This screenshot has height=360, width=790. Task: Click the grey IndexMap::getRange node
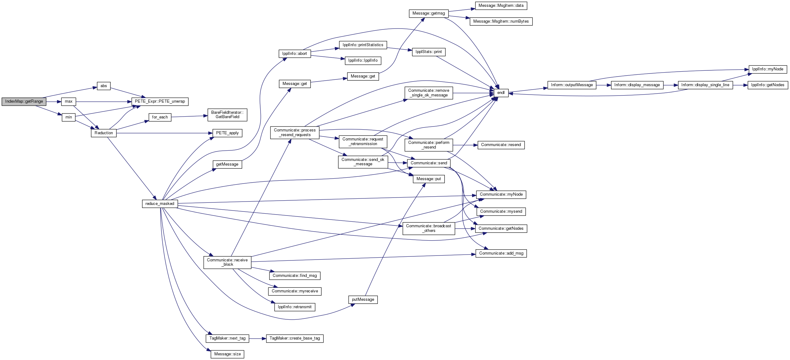24,101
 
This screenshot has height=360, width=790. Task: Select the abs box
104,86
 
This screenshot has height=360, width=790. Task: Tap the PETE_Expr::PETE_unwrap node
160,101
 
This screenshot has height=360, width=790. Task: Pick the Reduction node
104,133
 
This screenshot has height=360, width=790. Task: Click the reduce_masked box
160,204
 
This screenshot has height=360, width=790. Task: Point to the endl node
501,93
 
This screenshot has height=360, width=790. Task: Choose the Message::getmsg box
429,13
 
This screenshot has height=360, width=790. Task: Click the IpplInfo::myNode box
768,69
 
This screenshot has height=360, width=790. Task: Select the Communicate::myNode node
501,194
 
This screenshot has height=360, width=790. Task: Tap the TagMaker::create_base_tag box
295,338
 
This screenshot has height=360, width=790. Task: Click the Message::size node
227,354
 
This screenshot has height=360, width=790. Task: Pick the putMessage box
363,300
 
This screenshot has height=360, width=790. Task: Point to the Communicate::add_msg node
501,253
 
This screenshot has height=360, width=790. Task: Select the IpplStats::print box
429,52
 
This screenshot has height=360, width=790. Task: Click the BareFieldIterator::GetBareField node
227,115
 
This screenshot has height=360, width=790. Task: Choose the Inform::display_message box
637,85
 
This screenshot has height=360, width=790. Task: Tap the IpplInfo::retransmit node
295,307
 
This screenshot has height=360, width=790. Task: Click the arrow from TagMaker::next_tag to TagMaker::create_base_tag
257,338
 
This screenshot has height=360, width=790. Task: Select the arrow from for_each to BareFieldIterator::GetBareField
190,116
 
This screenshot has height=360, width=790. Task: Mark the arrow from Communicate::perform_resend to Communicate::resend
465,145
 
